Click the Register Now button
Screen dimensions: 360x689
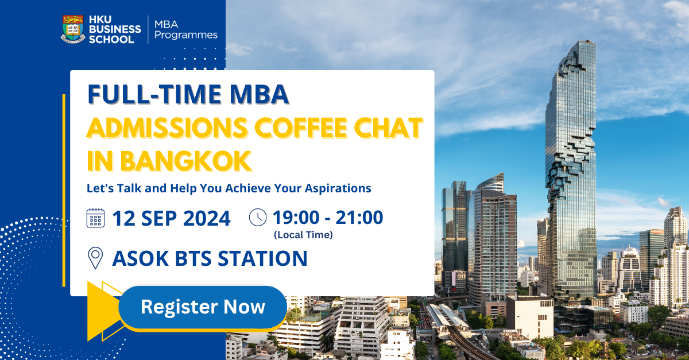pos(203,307)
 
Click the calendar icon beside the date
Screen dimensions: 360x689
pos(95,218)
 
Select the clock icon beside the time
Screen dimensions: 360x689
pos(258,218)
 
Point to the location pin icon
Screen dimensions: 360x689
pos(95,258)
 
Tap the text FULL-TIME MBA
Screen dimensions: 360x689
pos(188,95)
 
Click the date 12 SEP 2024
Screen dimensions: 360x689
pos(171,218)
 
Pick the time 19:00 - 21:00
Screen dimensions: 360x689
pos(327,218)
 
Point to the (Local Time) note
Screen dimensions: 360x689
pos(303,234)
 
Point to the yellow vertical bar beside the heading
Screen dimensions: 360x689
pos(64,189)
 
